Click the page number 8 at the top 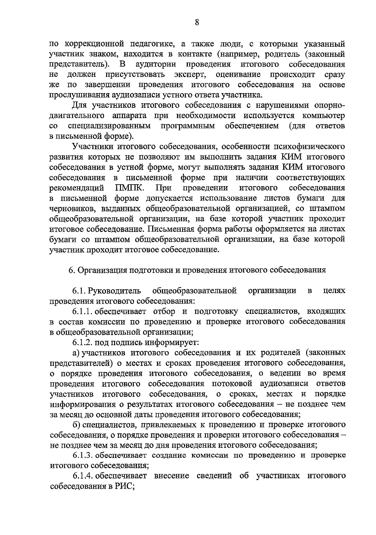click(x=197, y=23)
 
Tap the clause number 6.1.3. click(x=83, y=455)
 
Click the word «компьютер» click(x=324, y=116)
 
